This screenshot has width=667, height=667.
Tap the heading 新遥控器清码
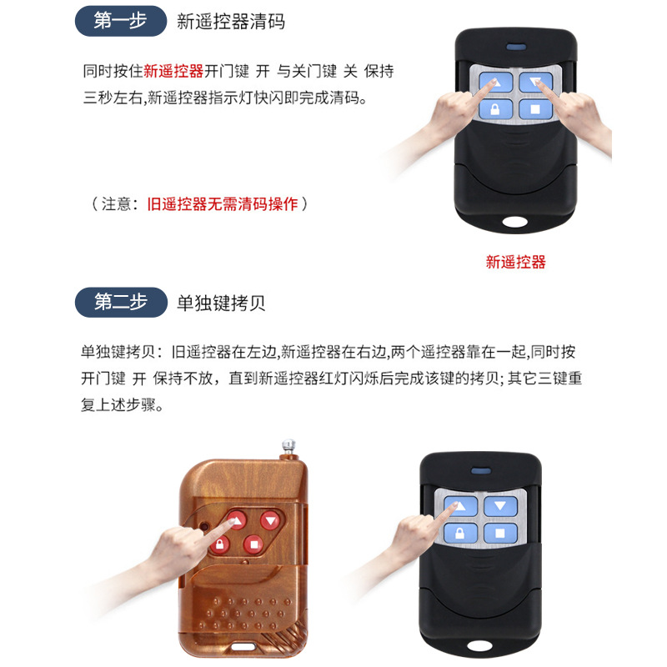[231, 22]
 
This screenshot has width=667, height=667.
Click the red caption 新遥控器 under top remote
[515, 262]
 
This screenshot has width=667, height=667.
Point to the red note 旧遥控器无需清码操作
[222, 203]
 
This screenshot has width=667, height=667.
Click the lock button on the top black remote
[494, 110]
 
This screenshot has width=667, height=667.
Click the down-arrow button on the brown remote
[270, 520]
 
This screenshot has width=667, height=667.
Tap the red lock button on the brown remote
[219, 545]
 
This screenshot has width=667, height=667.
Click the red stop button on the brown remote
[253, 545]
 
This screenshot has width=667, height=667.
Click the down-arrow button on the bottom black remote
[499, 506]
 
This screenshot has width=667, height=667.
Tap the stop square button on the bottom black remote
[499, 534]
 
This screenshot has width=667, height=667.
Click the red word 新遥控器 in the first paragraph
[173, 72]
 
